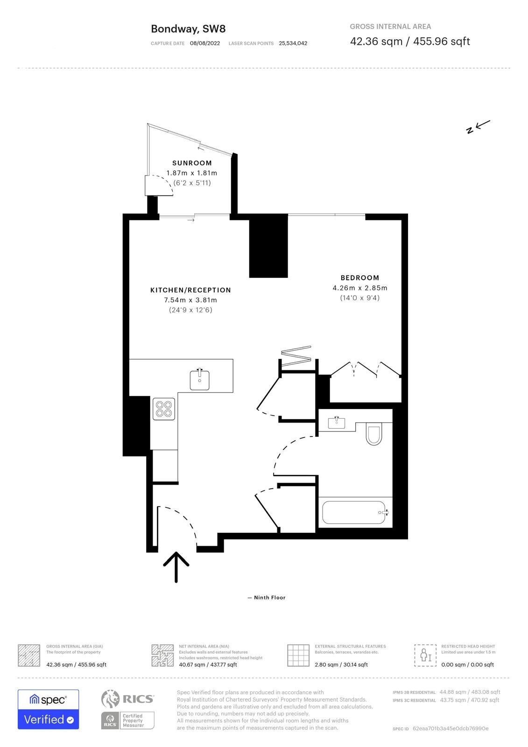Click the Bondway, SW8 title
click(188, 29)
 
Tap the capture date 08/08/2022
click(205, 43)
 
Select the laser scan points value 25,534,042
click(293, 43)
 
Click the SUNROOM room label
click(192, 163)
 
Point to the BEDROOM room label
click(360, 278)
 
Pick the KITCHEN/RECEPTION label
click(190, 290)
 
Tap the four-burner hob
click(164, 409)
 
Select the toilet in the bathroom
click(374, 434)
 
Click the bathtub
click(355, 512)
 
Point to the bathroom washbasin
click(337, 423)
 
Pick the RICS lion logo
click(110, 699)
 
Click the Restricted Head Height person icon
click(425, 655)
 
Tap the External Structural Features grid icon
click(298, 655)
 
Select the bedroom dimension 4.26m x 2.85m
click(360, 288)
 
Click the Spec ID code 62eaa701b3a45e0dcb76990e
click(451, 728)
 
